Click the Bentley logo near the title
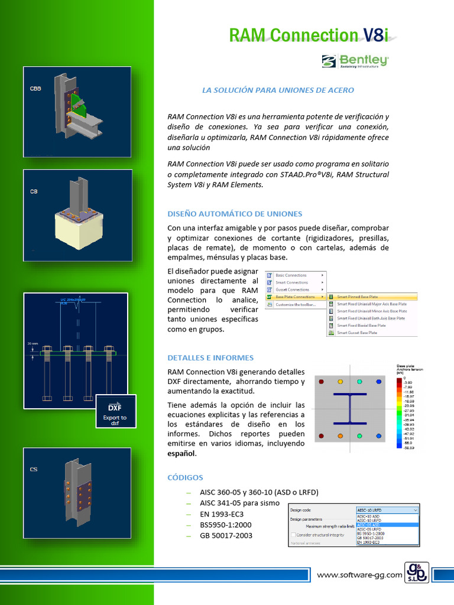click(355, 61)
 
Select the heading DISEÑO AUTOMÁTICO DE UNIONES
click(235, 214)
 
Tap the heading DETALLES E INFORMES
click(210, 357)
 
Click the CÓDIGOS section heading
click(185, 477)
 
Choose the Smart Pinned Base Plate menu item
click(358, 297)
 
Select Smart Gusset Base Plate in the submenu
click(356, 333)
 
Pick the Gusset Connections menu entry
click(292, 290)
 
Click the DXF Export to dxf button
click(115, 411)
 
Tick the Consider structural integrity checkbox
click(293, 535)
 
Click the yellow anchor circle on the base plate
click(340, 382)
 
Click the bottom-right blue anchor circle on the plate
click(379, 436)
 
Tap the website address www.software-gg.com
click(359, 575)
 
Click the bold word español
click(181, 454)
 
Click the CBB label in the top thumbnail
click(35, 89)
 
